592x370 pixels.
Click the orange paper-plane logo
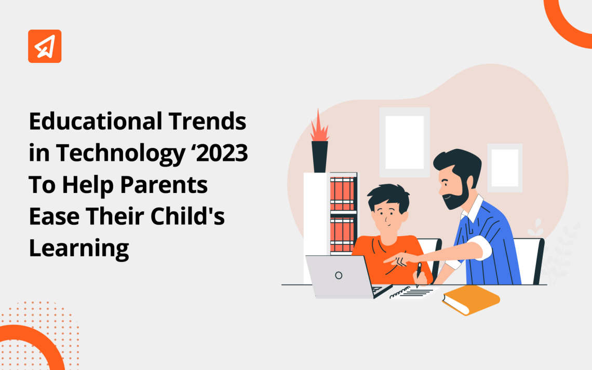tap(45, 46)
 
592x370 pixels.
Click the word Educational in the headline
tap(96, 121)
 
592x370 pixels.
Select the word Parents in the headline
tap(164, 184)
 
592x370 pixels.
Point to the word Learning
tap(79, 248)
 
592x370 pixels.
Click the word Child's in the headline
tap(187, 216)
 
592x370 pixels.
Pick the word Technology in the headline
tap(121, 154)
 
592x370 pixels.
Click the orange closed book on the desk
tap(471, 300)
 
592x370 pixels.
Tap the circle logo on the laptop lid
tap(339, 276)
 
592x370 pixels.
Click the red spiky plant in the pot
tap(319, 125)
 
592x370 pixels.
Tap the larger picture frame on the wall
tap(405, 142)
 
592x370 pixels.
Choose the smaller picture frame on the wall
tap(505, 168)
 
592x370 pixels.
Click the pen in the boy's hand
tap(419, 274)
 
